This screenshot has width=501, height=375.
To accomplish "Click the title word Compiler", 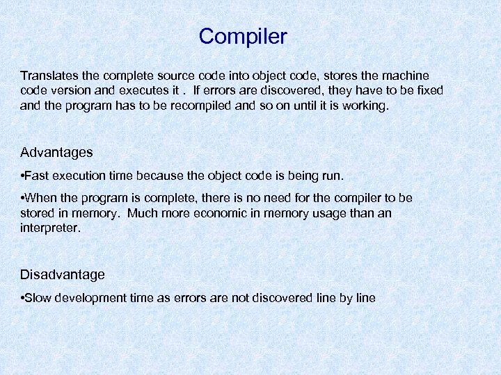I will point(243,36).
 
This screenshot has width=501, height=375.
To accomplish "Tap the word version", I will point(72,90).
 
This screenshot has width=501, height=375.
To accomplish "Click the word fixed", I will point(427,90).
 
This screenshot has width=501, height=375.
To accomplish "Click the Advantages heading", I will point(56,151).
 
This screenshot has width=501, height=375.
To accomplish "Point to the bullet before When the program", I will point(23,198).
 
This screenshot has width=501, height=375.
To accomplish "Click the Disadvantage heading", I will point(63,274).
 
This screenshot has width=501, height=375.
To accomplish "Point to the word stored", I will point(38,212).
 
